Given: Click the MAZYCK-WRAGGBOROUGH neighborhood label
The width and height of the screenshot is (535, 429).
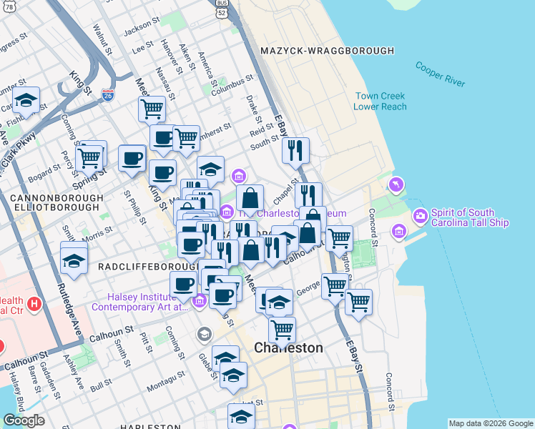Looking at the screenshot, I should pos(328,51).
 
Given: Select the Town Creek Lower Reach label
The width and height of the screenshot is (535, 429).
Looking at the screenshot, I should pos(379,102).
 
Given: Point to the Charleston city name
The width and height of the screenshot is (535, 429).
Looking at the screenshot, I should pos(289,348).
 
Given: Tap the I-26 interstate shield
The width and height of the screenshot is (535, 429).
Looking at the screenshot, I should pos(107,94).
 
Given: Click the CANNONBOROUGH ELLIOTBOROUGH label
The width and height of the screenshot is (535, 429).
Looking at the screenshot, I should pos(54,202).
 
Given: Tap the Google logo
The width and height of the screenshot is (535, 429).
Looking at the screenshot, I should pos(24,421).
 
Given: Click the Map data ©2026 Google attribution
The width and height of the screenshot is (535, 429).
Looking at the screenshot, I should pos(491,423).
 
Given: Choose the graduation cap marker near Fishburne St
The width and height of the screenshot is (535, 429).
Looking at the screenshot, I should pos(26,102).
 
